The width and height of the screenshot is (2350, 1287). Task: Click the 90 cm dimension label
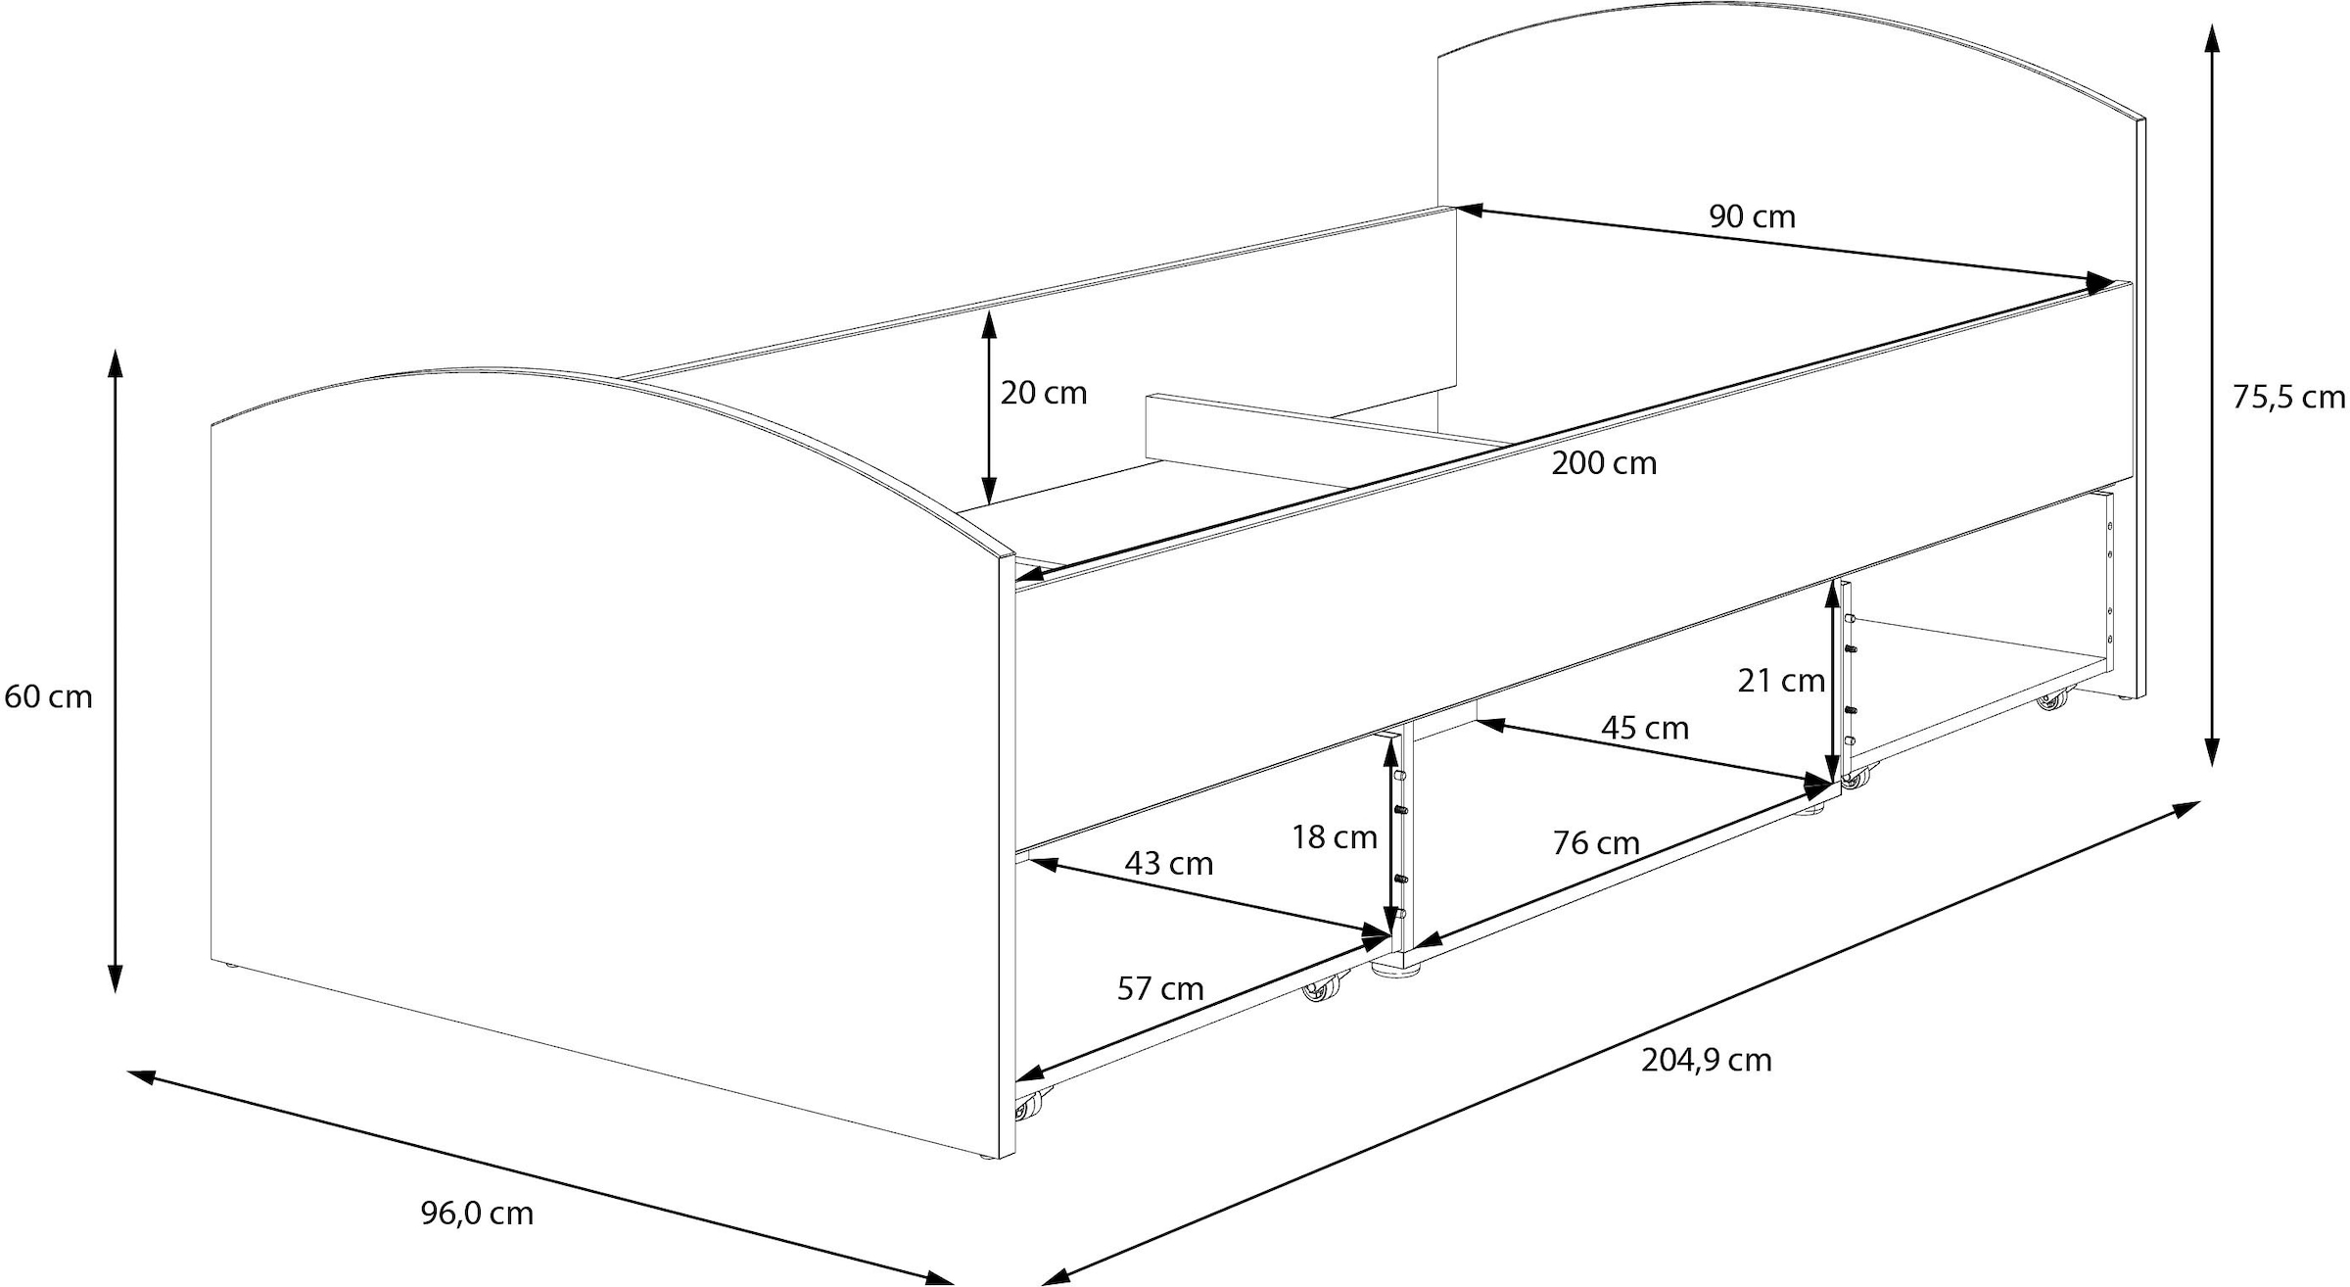[x=1752, y=216]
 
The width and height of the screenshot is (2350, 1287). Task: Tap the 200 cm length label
[x=1604, y=463]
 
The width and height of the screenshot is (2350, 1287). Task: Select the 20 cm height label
[x=1044, y=393]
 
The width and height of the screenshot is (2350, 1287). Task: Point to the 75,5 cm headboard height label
[x=2288, y=398]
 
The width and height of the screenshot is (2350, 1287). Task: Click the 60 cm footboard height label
[x=48, y=697]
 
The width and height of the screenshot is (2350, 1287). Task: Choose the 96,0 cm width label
[x=477, y=1214]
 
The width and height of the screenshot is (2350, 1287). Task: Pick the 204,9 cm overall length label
[x=1707, y=1061]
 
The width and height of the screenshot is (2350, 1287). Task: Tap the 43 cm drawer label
[x=1169, y=864]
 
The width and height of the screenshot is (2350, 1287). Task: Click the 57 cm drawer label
[x=1160, y=989]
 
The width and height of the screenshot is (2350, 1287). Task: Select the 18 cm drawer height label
[x=1334, y=837]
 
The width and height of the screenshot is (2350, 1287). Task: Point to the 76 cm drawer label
[x=1596, y=842]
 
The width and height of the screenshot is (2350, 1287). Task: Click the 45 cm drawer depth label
[x=1645, y=728]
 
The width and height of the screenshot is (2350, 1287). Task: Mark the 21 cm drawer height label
[x=1781, y=681]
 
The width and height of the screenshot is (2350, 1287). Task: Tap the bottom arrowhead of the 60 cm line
[x=115, y=976]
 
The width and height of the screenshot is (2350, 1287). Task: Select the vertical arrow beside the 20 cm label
[x=989, y=407]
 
